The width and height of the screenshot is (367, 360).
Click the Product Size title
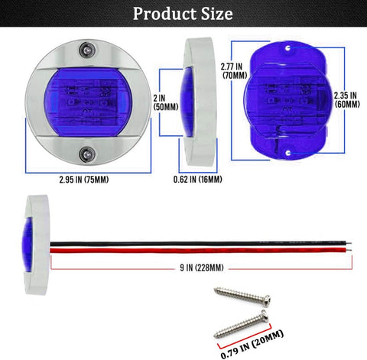pyautogui.click(x=183, y=14)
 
